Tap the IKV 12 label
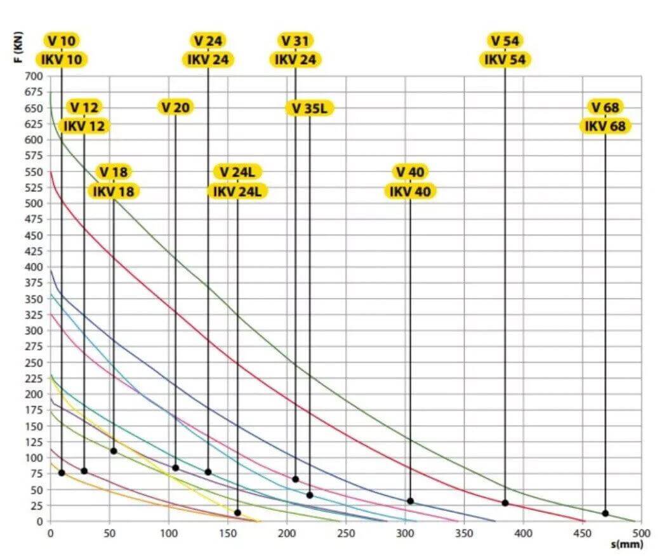pyautogui.click(x=84, y=126)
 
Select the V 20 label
pyautogui.click(x=175, y=107)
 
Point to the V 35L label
pyautogui.click(x=309, y=108)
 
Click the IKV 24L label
pyautogui.click(x=237, y=191)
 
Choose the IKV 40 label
pyautogui.click(x=410, y=191)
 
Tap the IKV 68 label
pyautogui.click(x=605, y=126)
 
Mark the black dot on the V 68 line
pyautogui.click(x=605, y=513)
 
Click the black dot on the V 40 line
pyautogui.click(x=410, y=501)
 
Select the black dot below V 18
pyautogui.click(x=114, y=451)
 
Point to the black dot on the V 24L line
pyautogui.click(x=237, y=512)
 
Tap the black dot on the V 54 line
pyautogui.click(x=505, y=503)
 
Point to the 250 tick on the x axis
pyautogui.click(x=346, y=534)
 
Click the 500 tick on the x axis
pyautogui.click(x=640, y=534)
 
